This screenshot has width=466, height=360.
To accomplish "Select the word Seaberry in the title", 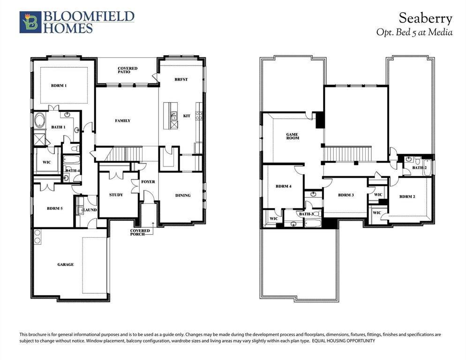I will [425, 19].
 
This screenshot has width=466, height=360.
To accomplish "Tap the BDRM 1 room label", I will [59, 86].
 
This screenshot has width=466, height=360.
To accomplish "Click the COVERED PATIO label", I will [128, 71].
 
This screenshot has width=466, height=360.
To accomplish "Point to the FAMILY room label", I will [123, 121].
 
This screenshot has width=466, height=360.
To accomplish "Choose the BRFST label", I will [181, 80].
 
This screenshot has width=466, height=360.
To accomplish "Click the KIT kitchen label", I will [187, 116].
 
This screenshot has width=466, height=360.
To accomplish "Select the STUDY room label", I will [116, 195].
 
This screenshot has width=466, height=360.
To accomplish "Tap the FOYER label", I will [148, 182].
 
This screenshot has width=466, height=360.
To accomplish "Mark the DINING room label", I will [183, 195].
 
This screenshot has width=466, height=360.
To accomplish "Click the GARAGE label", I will [66, 265].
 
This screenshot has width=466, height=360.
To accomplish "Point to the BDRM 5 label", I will [54, 209].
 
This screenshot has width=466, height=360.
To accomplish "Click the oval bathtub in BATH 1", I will [39, 120].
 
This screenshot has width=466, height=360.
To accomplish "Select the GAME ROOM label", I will [293, 136].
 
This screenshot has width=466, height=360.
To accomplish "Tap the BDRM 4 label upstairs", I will [284, 187].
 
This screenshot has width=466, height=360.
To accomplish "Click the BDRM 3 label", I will [346, 195].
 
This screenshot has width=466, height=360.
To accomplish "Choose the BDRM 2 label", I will [407, 197].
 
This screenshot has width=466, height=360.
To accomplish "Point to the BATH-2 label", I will [419, 168].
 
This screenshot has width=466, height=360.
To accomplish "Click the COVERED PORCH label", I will [140, 232].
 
